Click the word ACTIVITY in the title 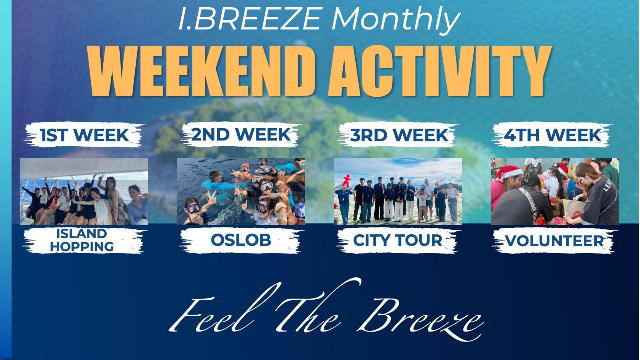[x=439, y=71]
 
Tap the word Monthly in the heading [x=396, y=19]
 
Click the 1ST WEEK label [x=84, y=135]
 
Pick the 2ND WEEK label [x=241, y=135]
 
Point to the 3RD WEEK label [x=399, y=135]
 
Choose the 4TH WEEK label [x=552, y=135]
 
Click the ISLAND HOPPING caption [x=82, y=240]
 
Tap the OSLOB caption [x=241, y=240]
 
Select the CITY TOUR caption [x=397, y=240]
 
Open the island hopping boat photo [x=84, y=192]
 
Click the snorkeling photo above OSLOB [x=241, y=192]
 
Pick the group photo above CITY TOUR [x=398, y=192]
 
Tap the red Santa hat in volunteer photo [x=509, y=172]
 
